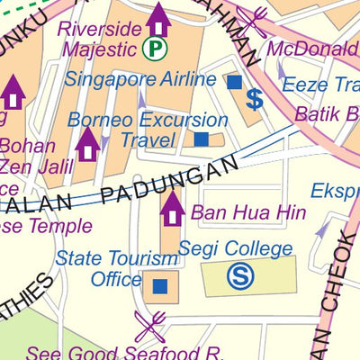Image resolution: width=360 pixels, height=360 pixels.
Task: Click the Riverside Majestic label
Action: click(100, 38)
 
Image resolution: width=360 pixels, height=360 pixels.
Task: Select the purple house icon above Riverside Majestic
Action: click(158, 18)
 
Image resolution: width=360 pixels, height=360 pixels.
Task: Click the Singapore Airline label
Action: click(140, 79)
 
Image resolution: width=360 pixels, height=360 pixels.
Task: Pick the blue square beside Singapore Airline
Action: click(234, 82)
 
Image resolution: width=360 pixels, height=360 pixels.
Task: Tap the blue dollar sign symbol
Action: click(255, 99)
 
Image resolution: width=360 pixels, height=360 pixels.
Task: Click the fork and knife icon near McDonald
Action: click(253, 22)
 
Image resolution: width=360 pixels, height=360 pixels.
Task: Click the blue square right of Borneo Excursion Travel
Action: click(202, 139)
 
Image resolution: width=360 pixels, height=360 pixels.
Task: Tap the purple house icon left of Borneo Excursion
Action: click(86, 143)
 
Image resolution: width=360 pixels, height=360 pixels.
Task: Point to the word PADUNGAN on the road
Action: click(171, 180)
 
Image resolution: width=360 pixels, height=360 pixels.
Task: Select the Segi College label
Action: click(235, 248)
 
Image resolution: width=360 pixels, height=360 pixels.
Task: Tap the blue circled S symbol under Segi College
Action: click(240, 276)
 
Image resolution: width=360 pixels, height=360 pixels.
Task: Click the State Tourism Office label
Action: click(117, 268)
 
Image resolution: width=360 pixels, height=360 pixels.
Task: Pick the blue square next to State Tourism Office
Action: click(159, 286)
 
